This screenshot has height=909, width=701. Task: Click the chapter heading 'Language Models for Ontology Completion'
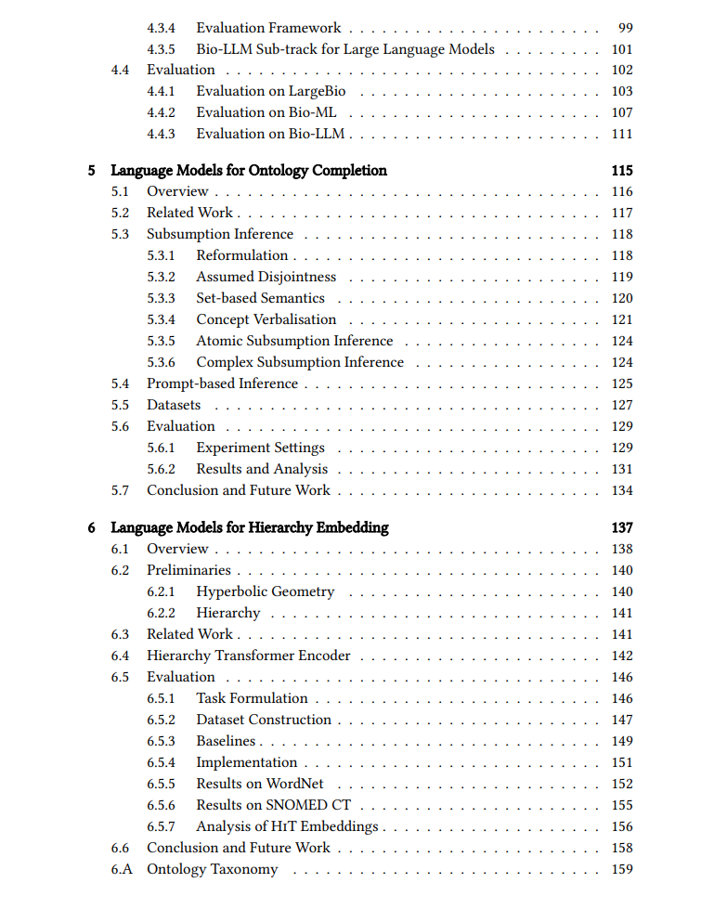pyautogui.click(x=249, y=170)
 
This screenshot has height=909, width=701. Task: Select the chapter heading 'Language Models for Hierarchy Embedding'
pyautogui.click(x=250, y=527)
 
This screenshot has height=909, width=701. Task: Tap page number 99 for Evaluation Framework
pyautogui.click(x=625, y=28)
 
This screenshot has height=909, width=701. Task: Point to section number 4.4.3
pyautogui.click(x=161, y=134)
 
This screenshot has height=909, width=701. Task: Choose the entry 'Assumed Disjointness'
pyautogui.click(x=266, y=277)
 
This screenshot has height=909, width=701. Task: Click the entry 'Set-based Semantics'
pyautogui.click(x=260, y=298)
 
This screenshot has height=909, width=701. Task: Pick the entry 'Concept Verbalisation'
pyautogui.click(x=266, y=319)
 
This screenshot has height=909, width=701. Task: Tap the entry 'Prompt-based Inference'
pyautogui.click(x=222, y=383)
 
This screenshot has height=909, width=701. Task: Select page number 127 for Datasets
pyautogui.click(x=622, y=405)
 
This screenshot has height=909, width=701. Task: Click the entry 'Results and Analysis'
pyautogui.click(x=262, y=469)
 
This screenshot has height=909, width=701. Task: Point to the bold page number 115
pyautogui.click(x=622, y=170)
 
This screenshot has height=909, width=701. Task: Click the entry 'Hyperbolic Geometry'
pyautogui.click(x=265, y=591)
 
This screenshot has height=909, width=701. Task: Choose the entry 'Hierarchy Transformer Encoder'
pyautogui.click(x=249, y=656)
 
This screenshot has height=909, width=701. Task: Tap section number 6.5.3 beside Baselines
pyautogui.click(x=161, y=741)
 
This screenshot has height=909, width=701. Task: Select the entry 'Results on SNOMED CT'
pyautogui.click(x=273, y=805)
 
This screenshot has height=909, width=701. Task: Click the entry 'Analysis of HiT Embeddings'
pyautogui.click(x=287, y=826)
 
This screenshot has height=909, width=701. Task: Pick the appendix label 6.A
pyautogui.click(x=122, y=869)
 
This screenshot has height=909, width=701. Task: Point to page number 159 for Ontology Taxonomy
pyautogui.click(x=622, y=869)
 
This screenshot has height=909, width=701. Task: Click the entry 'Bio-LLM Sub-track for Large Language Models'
pyautogui.click(x=344, y=49)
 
